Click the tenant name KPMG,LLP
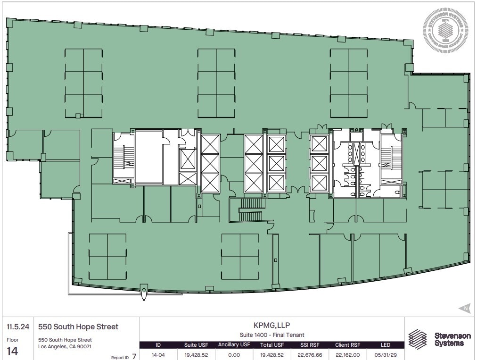[272, 325]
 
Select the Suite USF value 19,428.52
[196, 354]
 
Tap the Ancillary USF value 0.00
[234, 354]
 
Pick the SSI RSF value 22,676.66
[310, 354]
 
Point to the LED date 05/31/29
[385, 354]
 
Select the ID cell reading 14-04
[158, 354]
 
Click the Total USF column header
[272, 345]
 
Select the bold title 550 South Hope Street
[78, 327]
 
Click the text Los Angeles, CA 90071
[65, 347]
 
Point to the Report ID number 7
[134, 357]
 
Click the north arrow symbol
[464, 309]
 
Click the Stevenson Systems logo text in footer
[452, 339]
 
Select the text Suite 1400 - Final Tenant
[272, 335]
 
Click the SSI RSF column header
[310, 345]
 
